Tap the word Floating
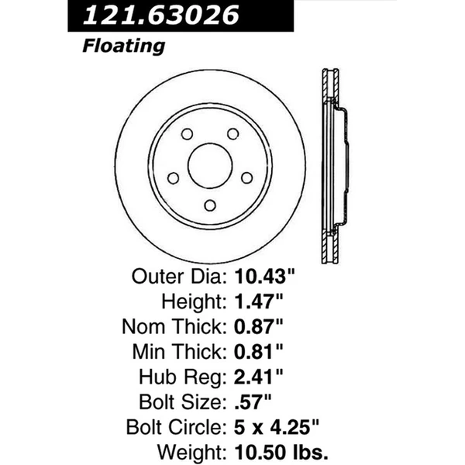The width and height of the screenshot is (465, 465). [124, 46]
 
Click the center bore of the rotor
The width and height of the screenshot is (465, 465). [210, 165]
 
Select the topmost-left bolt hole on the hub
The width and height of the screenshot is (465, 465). [187, 134]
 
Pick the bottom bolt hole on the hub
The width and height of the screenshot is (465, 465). [210, 205]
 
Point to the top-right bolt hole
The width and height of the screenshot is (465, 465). [232, 134]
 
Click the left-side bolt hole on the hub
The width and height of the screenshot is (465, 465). [173, 178]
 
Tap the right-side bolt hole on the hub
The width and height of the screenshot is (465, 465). [247, 177]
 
